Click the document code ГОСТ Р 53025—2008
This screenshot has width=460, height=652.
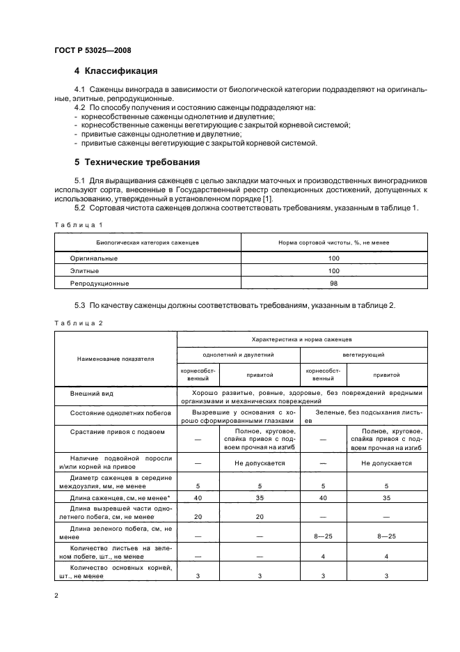click(93, 50)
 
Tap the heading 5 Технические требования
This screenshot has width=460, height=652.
click(137, 162)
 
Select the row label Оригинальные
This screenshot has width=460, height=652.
click(93, 258)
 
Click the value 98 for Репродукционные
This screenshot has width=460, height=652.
click(333, 284)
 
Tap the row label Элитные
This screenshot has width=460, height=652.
click(84, 270)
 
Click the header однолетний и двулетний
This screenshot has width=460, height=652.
click(237, 355)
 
